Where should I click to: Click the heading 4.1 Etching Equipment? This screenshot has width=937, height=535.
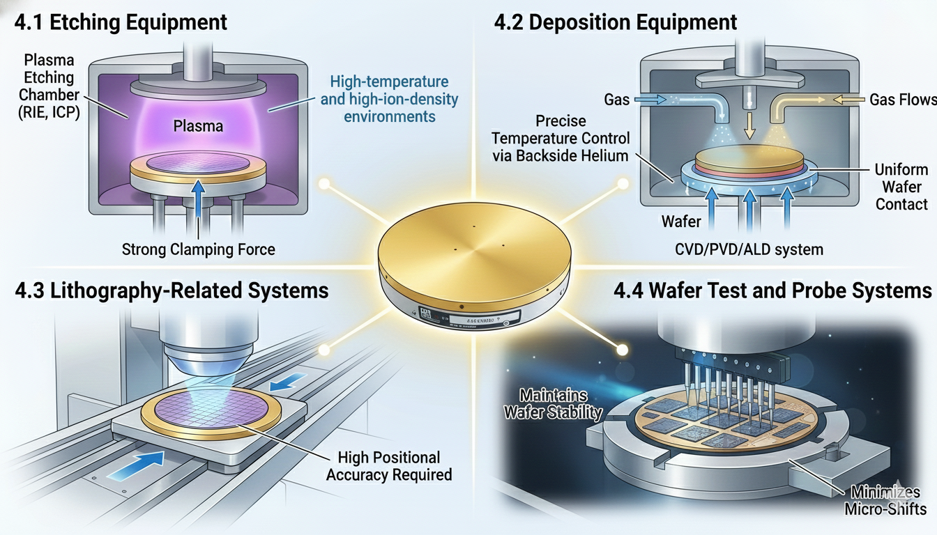(121, 22)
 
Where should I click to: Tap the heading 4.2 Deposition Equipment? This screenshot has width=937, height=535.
(615, 22)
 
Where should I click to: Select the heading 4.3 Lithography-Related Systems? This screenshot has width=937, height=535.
(172, 290)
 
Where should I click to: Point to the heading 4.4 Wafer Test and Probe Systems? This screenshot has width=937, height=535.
(773, 290)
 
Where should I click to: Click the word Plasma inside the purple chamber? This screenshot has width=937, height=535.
(199, 126)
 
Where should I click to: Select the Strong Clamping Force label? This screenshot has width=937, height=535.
(199, 249)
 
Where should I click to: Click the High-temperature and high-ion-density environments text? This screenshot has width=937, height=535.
(389, 99)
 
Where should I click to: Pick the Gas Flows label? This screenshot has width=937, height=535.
(902, 100)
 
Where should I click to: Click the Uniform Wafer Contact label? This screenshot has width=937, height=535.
(901, 187)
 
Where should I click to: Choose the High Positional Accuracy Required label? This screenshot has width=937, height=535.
(388, 466)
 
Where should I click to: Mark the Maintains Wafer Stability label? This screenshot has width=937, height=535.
(553, 404)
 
